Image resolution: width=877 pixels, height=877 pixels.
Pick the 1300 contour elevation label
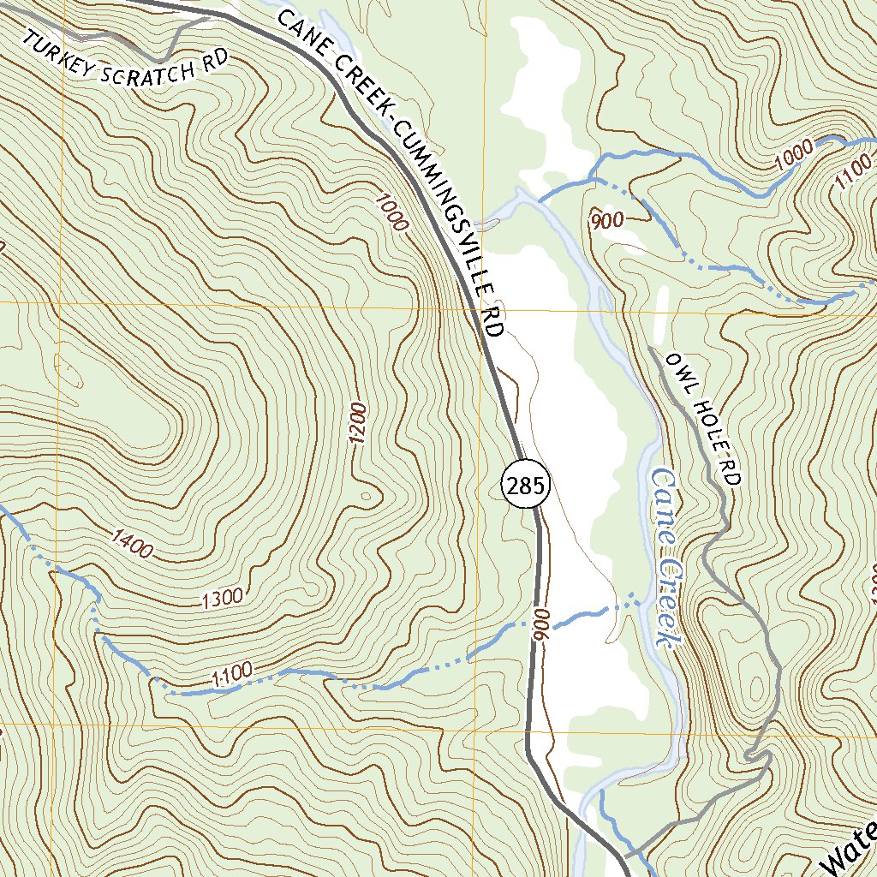click(x=223, y=599)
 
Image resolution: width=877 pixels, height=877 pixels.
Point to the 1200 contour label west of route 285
click(x=358, y=422)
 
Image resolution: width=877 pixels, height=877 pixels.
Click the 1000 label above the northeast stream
click(x=793, y=155)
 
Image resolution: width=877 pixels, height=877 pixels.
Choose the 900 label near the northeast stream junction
click(x=606, y=220)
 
